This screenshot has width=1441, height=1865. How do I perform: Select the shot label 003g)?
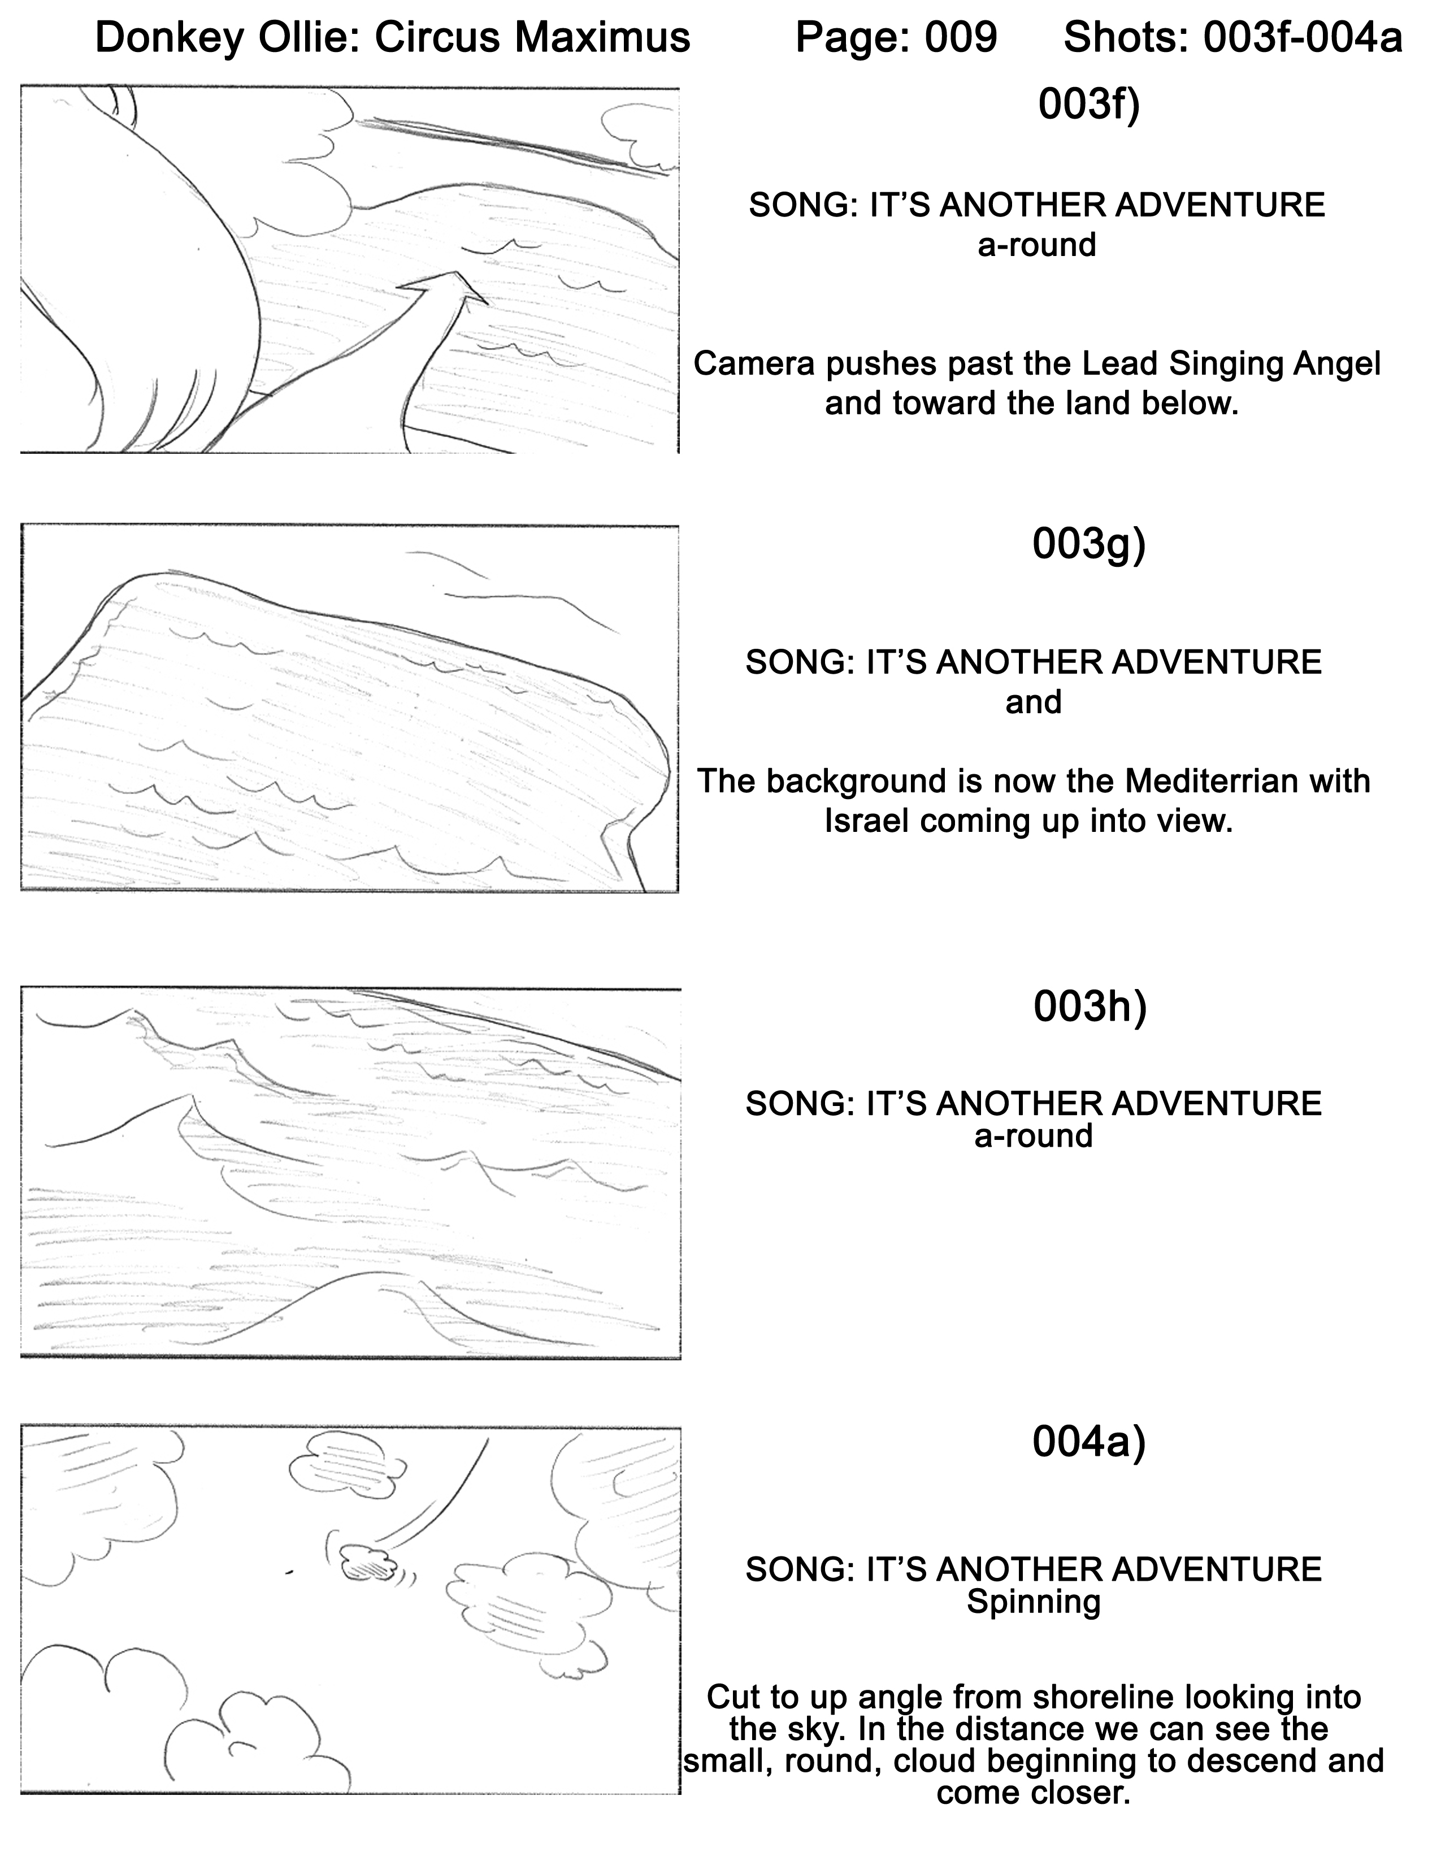coord(1088,545)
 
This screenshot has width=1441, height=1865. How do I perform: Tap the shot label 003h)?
coord(1090,1008)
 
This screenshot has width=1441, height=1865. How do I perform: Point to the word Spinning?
coord(1033,1603)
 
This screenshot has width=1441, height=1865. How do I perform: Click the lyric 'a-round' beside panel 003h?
coord(1033,1137)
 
